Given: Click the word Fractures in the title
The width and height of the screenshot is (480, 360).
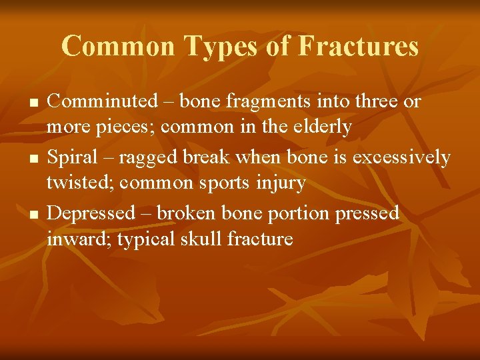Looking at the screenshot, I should tap(358, 47).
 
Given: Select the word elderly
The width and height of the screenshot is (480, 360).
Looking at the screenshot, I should tap(321, 126).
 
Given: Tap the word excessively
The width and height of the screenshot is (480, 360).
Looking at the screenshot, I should tap(401, 157).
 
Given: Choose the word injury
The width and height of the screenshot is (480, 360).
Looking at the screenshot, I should tap(279, 182).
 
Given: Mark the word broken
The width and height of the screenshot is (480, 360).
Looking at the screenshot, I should tap(202, 213).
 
